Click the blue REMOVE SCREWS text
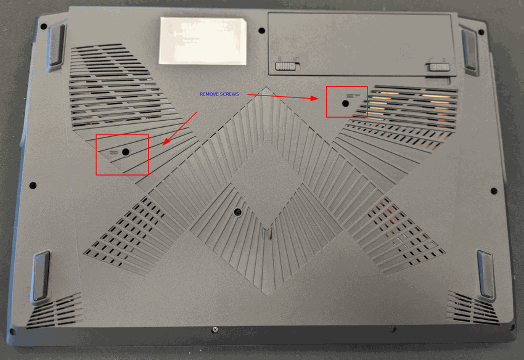219,94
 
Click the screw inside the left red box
126,152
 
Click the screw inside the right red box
346,104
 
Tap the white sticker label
203,41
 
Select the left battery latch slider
285,66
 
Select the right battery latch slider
439,67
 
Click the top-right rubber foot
469,50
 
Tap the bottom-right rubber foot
486,274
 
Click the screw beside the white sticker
261,31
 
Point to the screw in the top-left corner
43,27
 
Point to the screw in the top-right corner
481,32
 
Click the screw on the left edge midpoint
33,185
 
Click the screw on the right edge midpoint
494,191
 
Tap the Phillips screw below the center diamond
237,212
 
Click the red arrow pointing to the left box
180,129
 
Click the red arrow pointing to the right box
283,97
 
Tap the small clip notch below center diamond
267,233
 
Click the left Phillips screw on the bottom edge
215,330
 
